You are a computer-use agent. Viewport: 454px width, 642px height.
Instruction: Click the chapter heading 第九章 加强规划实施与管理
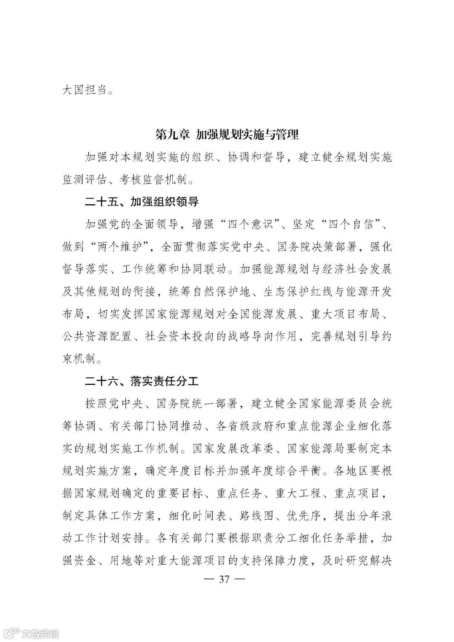pyautogui.click(x=227, y=135)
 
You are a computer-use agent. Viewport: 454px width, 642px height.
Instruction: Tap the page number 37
pyautogui.click(x=224, y=579)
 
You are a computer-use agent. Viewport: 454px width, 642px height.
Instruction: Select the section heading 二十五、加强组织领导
pyautogui.click(x=142, y=202)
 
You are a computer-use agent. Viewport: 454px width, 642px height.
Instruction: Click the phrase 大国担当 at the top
pyautogui.click(x=84, y=90)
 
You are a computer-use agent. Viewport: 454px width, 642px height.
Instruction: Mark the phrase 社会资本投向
pyautogui.click(x=181, y=336)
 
